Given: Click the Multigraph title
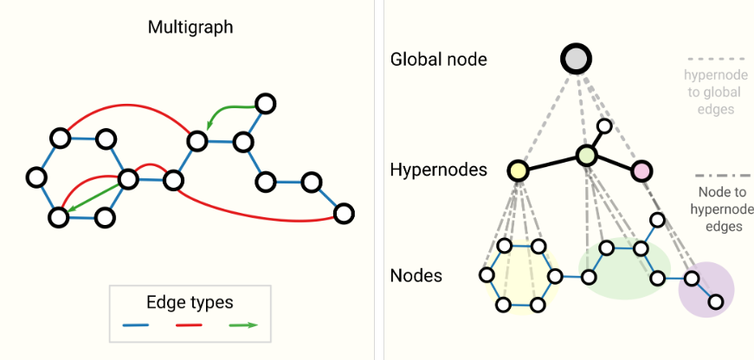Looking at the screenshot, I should [x=190, y=27].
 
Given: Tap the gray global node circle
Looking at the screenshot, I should [x=576, y=59].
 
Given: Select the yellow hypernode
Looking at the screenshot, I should [x=519, y=170].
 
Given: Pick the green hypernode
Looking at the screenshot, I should [x=587, y=156].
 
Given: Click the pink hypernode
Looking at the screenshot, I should [x=641, y=170].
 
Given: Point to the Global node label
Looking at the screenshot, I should [x=439, y=60].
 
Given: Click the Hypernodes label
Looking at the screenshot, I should [x=438, y=170].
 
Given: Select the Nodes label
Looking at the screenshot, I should [x=416, y=276].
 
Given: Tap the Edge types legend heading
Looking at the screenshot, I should [x=190, y=303].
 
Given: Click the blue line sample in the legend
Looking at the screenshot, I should [x=137, y=326].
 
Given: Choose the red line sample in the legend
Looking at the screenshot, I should [x=190, y=326].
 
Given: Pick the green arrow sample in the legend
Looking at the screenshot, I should [x=244, y=326].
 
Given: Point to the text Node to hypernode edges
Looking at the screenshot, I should [x=725, y=209].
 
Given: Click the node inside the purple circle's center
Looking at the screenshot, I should [x=693, y=279].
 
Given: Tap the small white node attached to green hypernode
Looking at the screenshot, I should [x=605, y=127].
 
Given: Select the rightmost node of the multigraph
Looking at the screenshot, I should [x=344, y=213].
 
